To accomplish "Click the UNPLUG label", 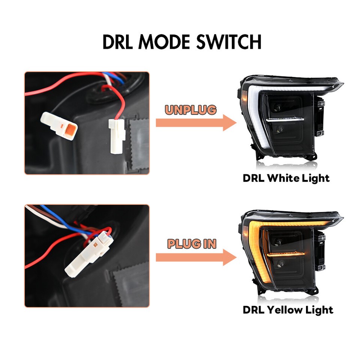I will click(190, 110).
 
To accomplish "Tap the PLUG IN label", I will click(192, 244).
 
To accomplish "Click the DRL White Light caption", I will click(286, 178).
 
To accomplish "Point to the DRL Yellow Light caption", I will click(288, 310).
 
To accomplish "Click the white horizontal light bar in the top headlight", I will click(285, 120).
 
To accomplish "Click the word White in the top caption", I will click(280, 178).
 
